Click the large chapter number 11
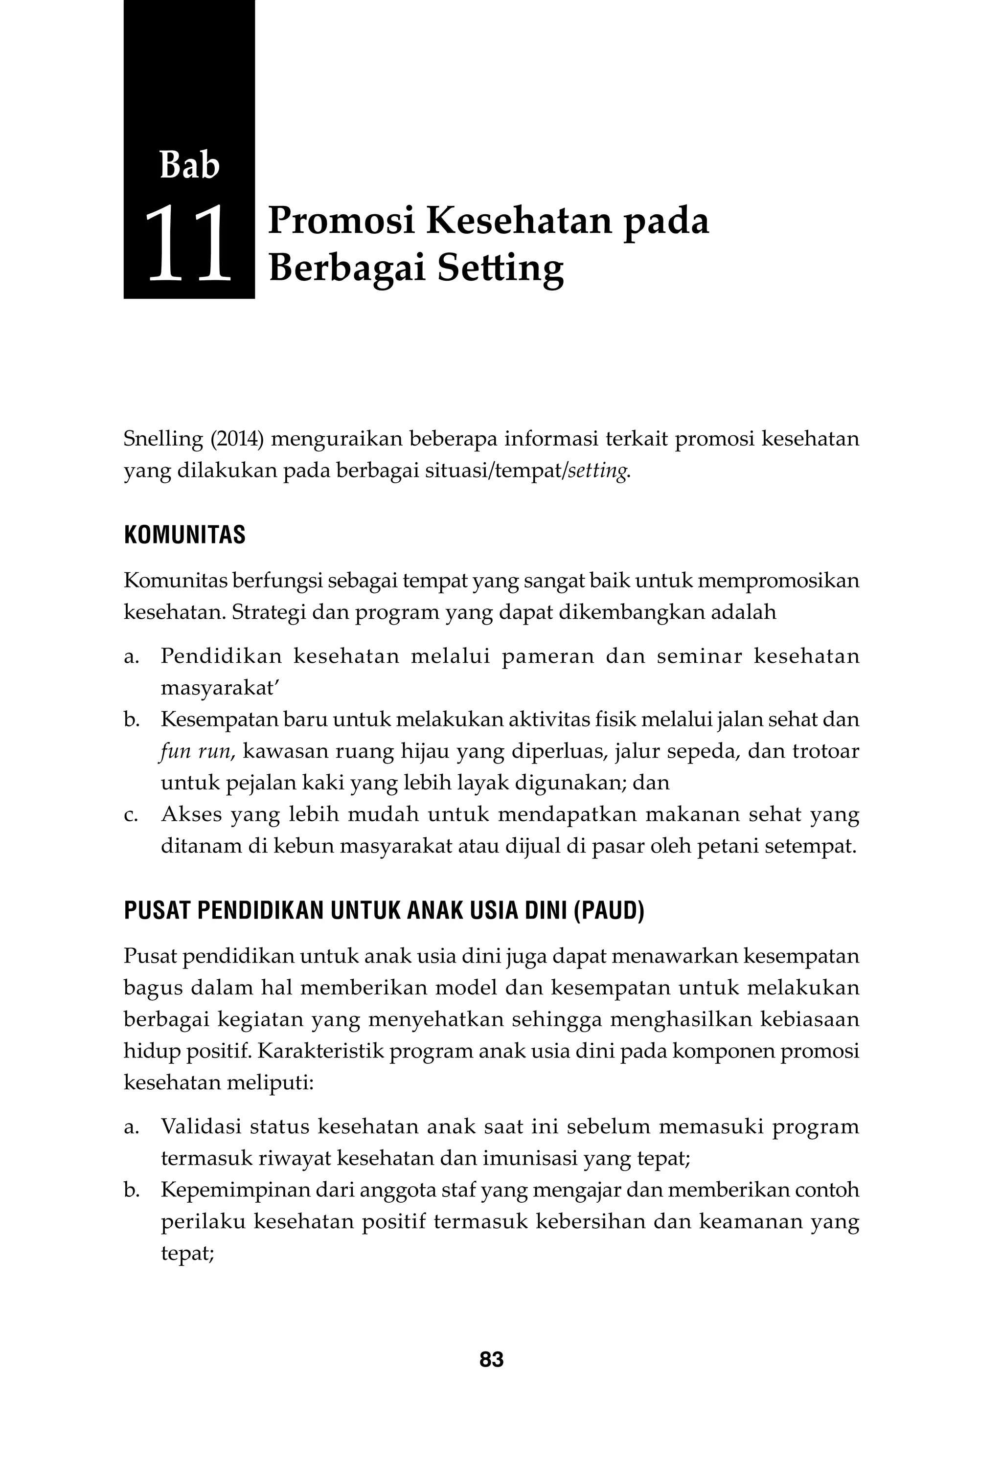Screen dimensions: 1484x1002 188,243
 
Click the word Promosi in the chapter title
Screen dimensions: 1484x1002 341,221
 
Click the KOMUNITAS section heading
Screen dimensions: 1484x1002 184,535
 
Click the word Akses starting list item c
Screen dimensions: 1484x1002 190,815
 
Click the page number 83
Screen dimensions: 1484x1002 491,1359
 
